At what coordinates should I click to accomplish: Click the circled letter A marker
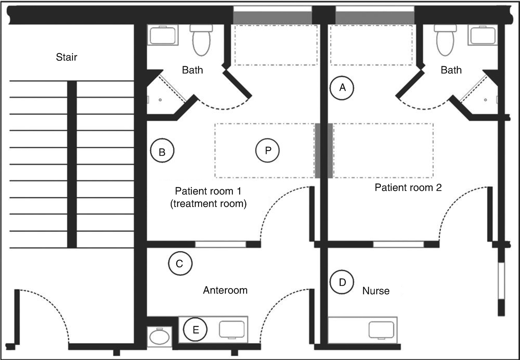click(x=342, y=88)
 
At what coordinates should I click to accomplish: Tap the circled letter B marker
click(x=162, y=151)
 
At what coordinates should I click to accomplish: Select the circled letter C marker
click(x=180, y=263)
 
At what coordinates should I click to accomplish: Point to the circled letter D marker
click(x=342, y=282)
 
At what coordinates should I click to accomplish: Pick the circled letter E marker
click(x=195, y=329)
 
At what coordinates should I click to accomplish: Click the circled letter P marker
click(x=268, y=151)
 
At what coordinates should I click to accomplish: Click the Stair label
click(x=67, y=57)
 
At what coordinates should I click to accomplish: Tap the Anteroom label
click(x=225, y=290)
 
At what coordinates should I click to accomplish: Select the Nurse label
click(x=376, y=291)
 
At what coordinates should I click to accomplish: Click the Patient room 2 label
click(x=408, y=188)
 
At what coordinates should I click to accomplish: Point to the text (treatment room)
click(x=208, y=204)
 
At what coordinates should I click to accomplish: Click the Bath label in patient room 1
click(x=192, y=70)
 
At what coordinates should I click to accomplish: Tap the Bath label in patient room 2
click(x=451, y=70)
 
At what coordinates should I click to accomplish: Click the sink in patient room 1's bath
click(x=163, y=35)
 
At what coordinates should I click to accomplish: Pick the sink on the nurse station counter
click(x=382, y=330)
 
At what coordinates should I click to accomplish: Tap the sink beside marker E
click(x=232, y=329)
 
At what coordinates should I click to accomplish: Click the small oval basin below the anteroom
click(x=160, y=337)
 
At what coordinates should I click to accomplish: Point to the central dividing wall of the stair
click(x=72, y=164)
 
